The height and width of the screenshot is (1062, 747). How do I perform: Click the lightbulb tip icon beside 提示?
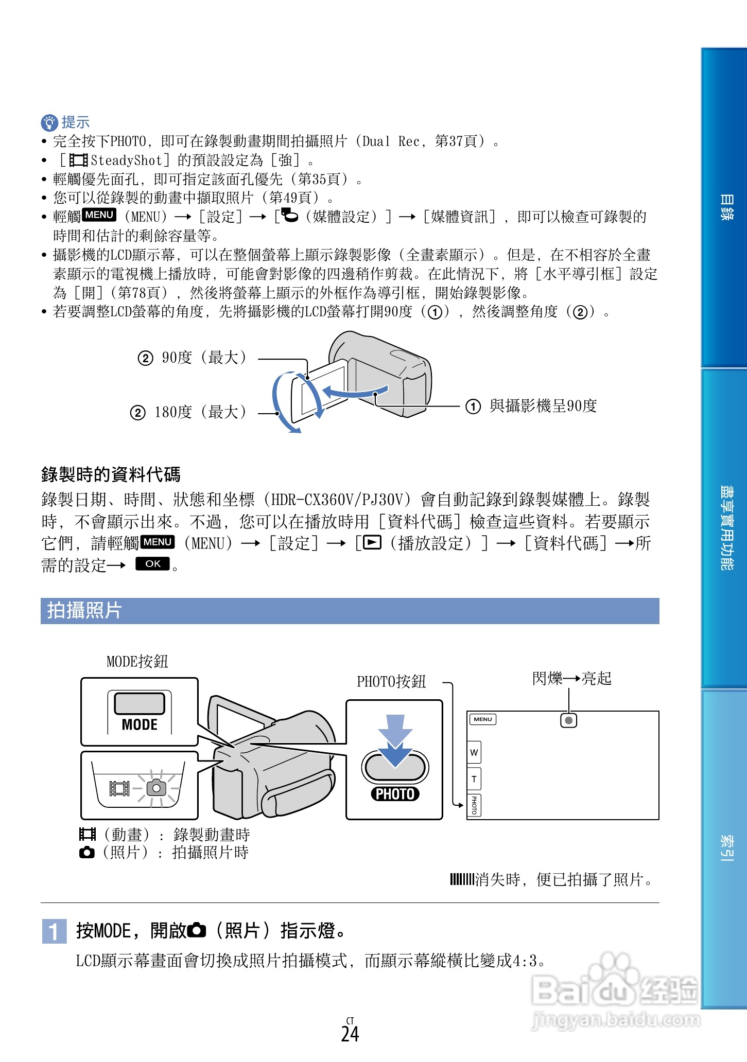click(x=49, y=122)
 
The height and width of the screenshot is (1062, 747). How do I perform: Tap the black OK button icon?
click(x=152, y=564)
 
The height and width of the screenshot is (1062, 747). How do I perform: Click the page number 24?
click(x=350, y=1034)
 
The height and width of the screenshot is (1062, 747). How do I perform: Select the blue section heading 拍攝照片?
click(x=84, y=611)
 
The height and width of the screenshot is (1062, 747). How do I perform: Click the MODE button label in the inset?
click(x=140, y=724)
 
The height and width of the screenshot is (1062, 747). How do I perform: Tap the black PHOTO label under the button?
click(x=395, y=794)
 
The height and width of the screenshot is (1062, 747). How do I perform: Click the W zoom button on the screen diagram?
click(x=474, y=753)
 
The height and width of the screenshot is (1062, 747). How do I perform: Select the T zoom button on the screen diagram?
click(x=474, y=779)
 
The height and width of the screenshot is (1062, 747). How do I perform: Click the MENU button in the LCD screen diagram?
click(x=483, y=719)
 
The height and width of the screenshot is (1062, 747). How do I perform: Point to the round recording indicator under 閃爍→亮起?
click(x=568, y=720)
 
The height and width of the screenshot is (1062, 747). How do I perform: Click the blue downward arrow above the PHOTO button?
click(x=395, y=741)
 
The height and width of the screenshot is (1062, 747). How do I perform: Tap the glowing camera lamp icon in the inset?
click(x=156, y=788)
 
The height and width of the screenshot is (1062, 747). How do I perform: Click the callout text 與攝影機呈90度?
click(x=543, y=406)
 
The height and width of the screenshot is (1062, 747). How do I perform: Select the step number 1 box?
click(x=54, y=931)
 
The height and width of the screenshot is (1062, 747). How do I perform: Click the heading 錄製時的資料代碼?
click(x=111, y=474)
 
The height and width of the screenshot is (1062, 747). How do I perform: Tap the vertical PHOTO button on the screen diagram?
click(x=474, y=805)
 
